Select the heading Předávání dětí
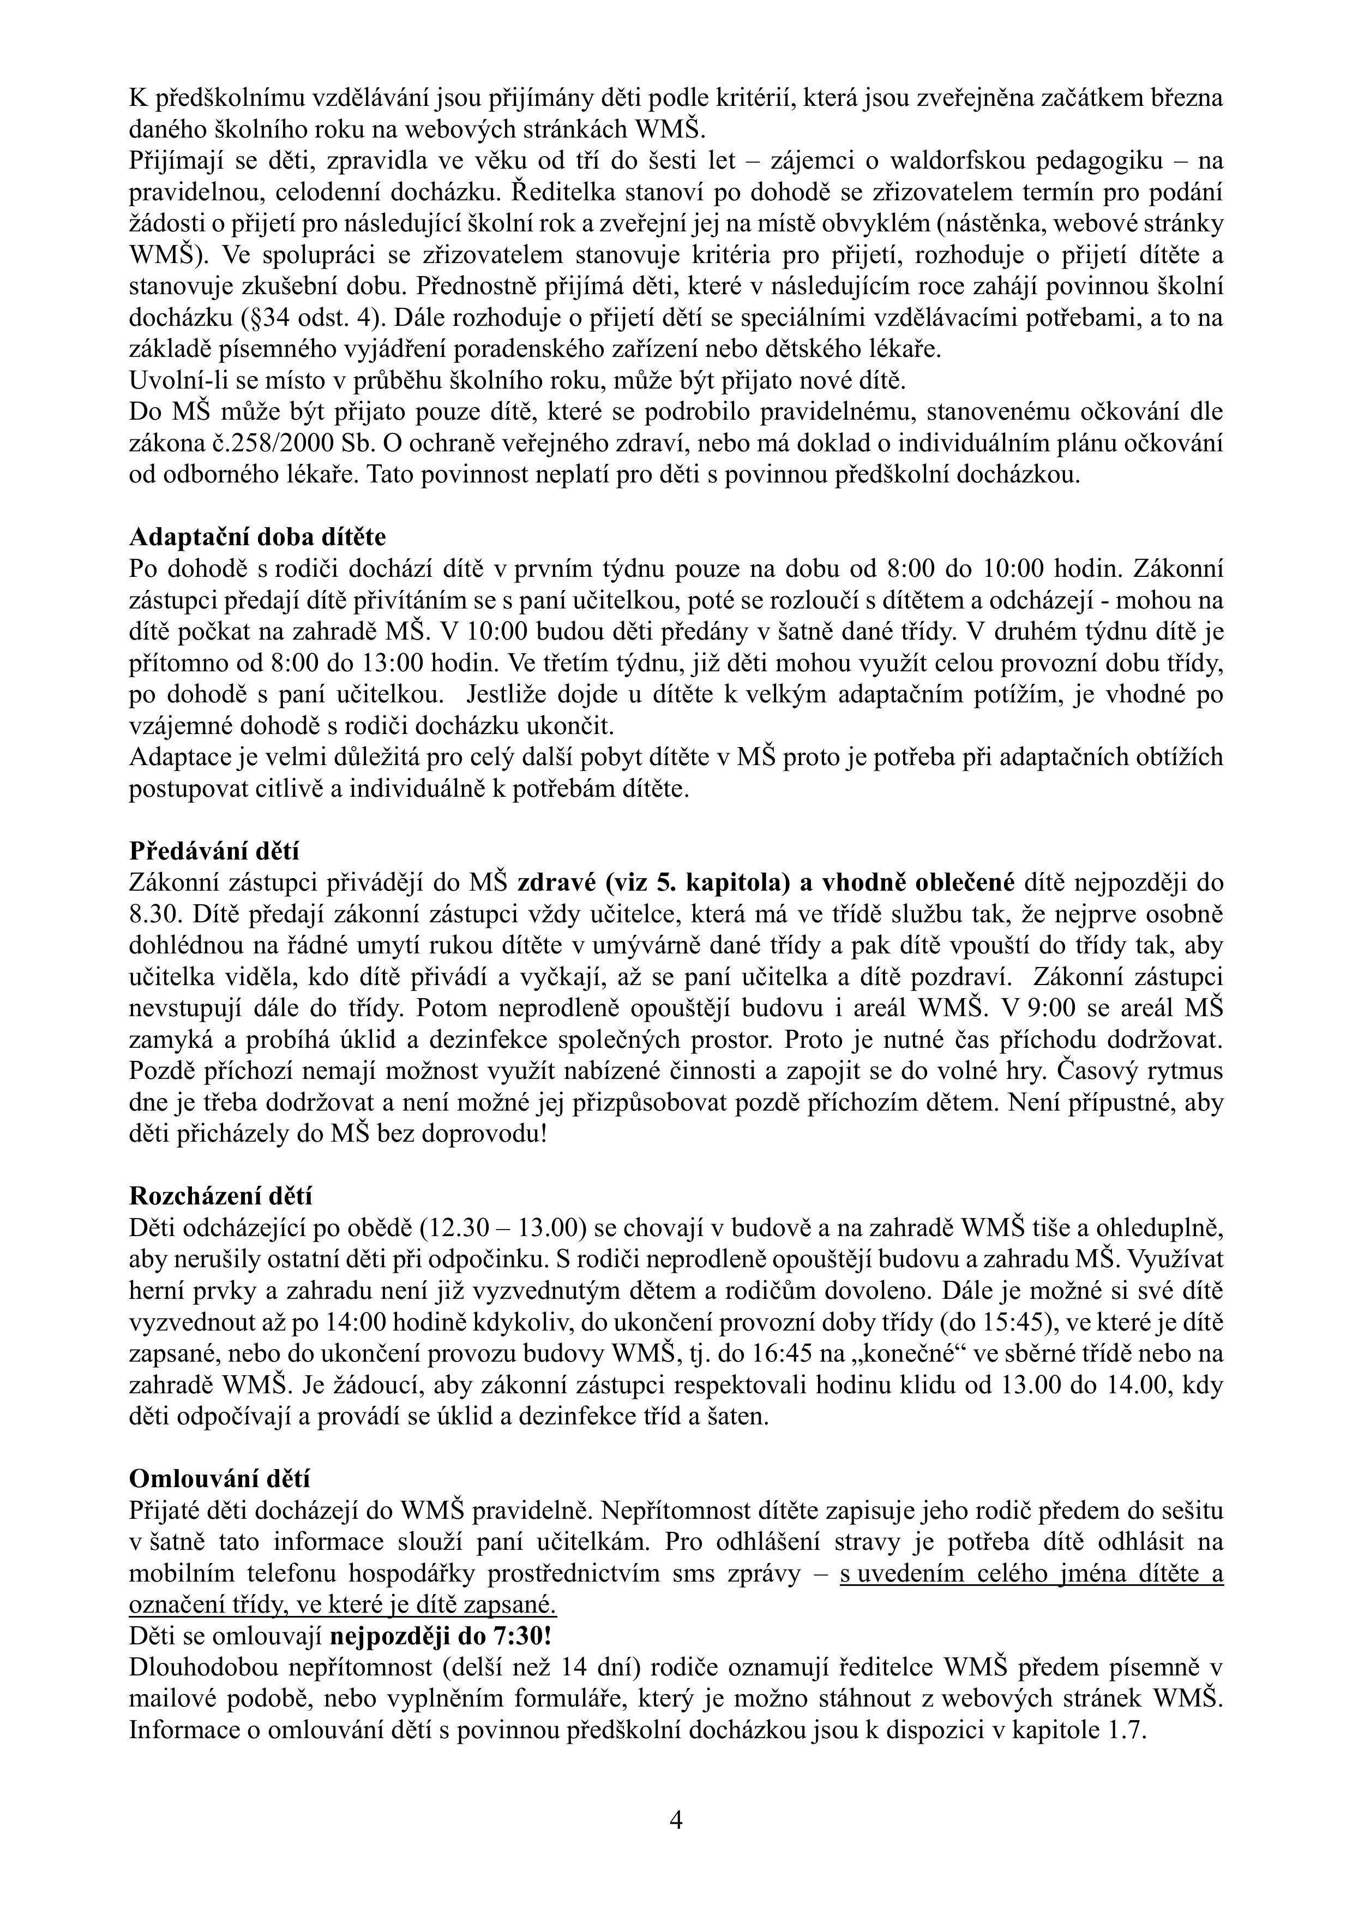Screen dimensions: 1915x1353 (x=213, y=851)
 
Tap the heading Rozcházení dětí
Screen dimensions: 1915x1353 (x=221, y=1196)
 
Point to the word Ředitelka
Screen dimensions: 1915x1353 (x=561, y=192)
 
